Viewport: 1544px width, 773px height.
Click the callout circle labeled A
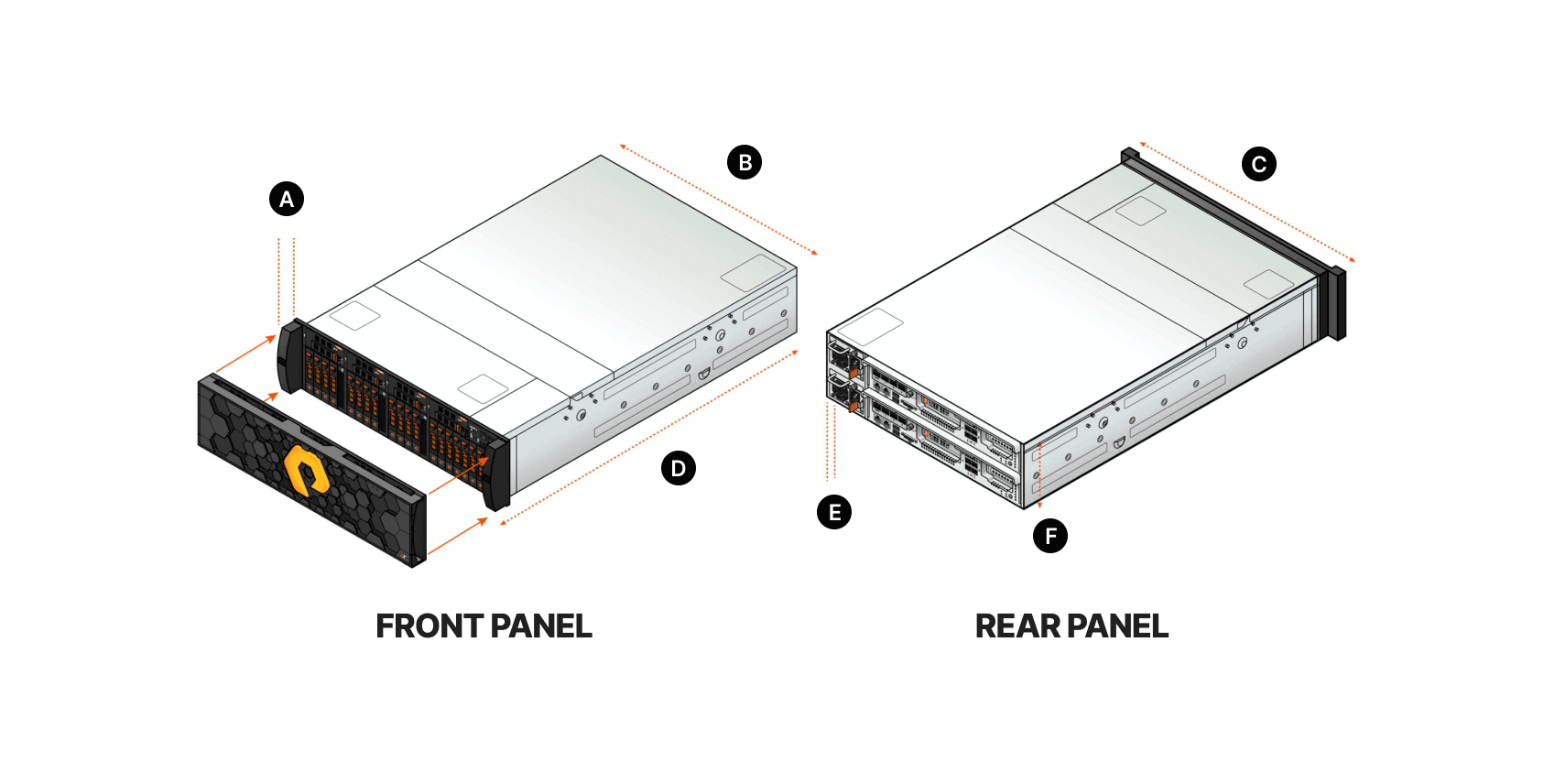(x=287, y=200)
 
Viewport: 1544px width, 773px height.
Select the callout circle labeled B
(x=745, y=163)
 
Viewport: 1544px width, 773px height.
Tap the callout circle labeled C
(x=1258, y=164)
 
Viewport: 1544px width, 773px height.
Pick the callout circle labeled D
(x=679, y=468)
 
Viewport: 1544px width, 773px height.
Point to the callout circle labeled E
(x=834, y=512)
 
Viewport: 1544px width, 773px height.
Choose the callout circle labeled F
(x=1050, y=536)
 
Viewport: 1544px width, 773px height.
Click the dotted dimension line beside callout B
(x=718, y=200)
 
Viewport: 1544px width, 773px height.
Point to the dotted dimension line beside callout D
(x=649, y=438)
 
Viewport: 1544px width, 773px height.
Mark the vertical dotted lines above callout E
(x=832, y=441)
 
